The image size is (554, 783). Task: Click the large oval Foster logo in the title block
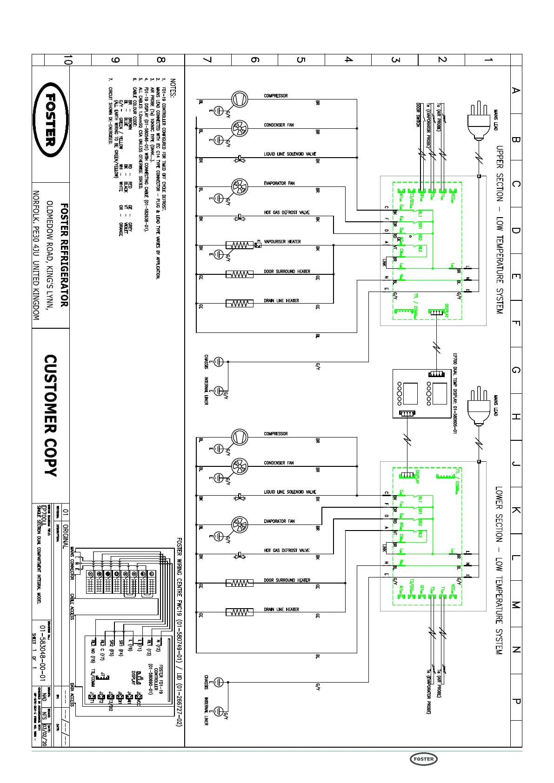51,120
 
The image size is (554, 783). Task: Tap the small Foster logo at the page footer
423,759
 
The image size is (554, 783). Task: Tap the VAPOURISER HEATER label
282,242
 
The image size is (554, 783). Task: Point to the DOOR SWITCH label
418,114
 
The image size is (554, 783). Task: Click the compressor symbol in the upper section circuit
240,99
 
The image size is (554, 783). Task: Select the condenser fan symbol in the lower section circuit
240,466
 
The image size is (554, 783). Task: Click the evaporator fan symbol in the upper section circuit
240,186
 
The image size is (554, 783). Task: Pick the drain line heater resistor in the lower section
240,612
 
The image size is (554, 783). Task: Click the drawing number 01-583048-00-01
43,653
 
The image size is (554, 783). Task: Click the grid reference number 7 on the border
207,60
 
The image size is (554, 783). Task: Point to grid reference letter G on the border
516,370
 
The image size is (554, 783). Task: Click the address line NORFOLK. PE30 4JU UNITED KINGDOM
36,255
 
